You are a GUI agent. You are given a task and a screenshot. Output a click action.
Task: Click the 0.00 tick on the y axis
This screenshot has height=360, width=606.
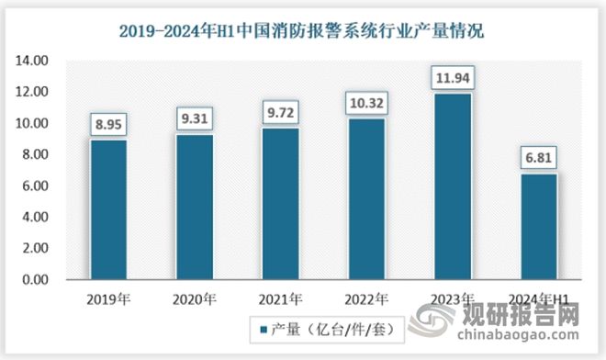pyautogui.click(x=35, y=279)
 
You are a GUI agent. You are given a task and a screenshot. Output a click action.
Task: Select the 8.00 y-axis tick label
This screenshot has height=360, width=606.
pyautogui.click(x=35, y=154)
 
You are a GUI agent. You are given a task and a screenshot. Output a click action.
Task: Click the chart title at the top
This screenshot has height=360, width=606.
pyautogui.click(x=302, y=31)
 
